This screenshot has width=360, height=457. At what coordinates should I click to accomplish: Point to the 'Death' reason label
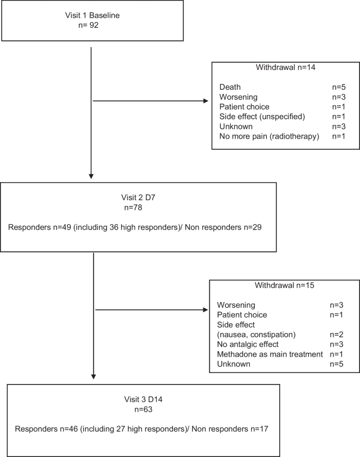click(231, 87)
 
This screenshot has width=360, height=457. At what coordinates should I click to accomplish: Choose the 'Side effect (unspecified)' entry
click(262, 117)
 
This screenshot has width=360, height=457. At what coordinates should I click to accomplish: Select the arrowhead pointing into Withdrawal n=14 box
click(205, 101)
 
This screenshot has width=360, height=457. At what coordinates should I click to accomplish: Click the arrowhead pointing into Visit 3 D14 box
click(94, 376)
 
